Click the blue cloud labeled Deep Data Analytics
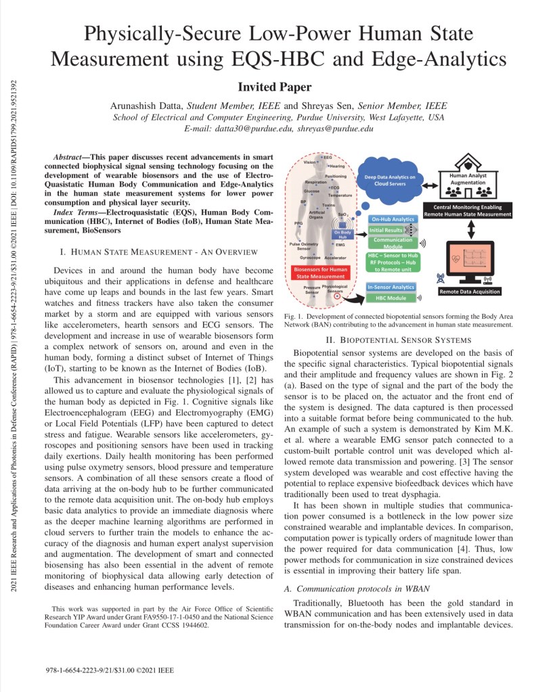coord(395,179)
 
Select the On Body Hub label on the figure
coord(342,233)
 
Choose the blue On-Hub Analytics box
coord(393,219)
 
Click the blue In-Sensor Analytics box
coord(391,287)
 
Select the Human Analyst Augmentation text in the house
coord(468,177)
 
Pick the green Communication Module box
coord(393,242)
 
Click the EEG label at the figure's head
coord(328,157)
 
